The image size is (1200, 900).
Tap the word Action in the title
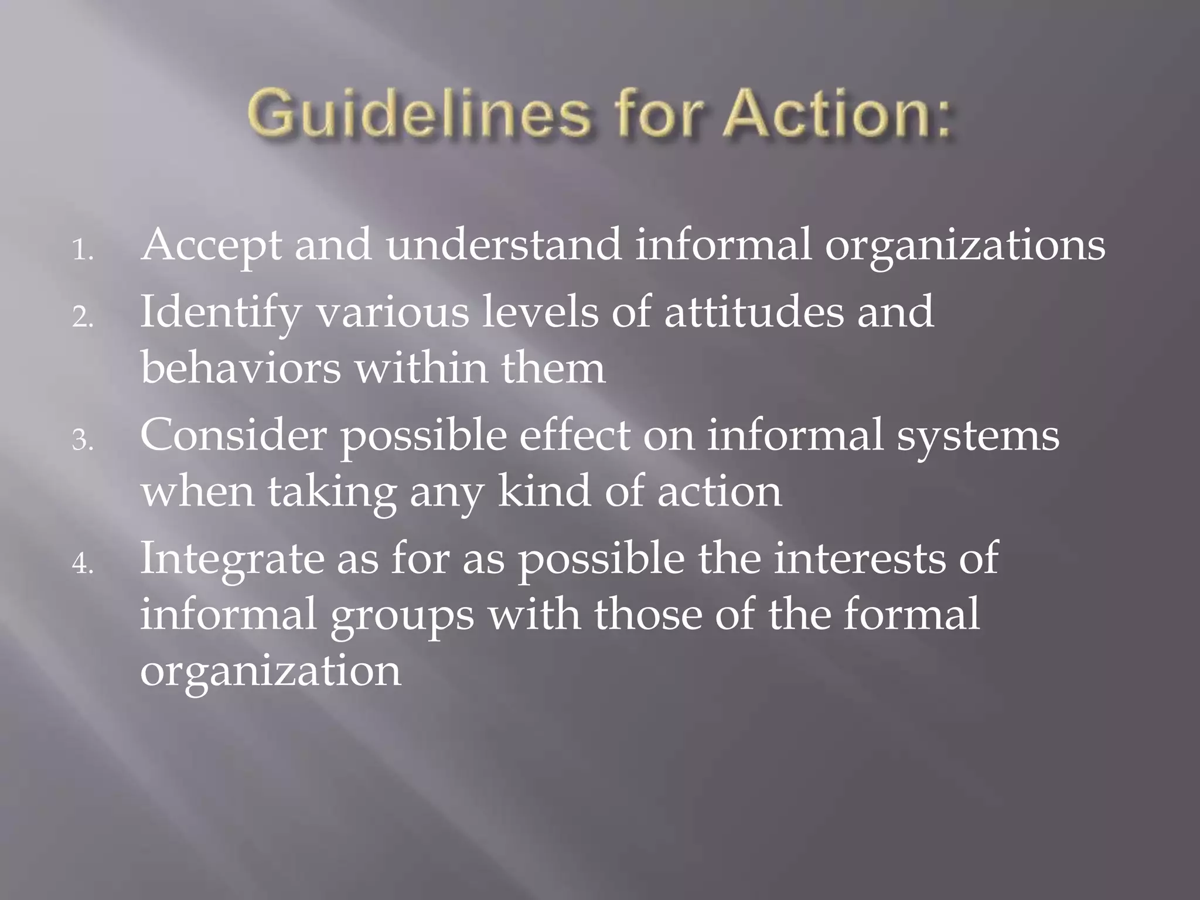pos(832,115)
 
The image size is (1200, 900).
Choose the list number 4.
pos(83,564)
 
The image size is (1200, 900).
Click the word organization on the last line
pos(271,671)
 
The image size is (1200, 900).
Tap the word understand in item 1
pos(503,245)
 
